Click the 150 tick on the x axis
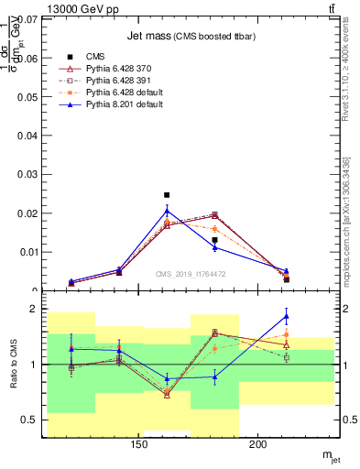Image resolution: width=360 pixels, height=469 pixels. [139, 446]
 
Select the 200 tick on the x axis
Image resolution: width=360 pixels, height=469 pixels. [258, 446]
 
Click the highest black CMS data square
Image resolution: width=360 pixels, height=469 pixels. [167, 195]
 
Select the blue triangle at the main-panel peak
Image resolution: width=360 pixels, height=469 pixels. [167, 210]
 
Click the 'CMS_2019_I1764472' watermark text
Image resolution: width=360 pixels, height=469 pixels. [190, 274]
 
